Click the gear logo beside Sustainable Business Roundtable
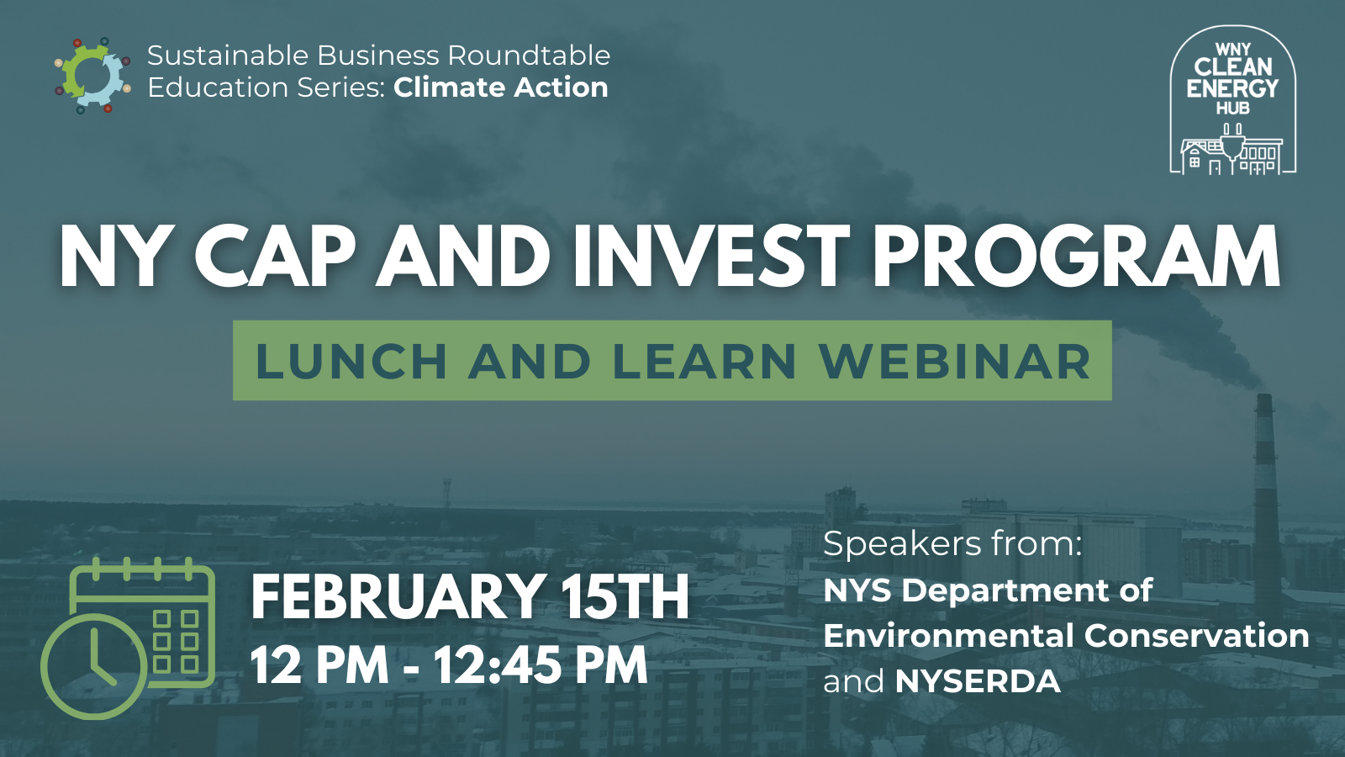(92, 76)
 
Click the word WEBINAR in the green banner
(955, 362)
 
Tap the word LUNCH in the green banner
(351, 362)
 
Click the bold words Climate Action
(500, 87)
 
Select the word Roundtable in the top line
(529, 56)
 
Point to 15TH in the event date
(625, 597)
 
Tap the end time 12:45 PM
(541, 666)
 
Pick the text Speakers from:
(952, 544)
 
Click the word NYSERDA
(978, 681)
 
